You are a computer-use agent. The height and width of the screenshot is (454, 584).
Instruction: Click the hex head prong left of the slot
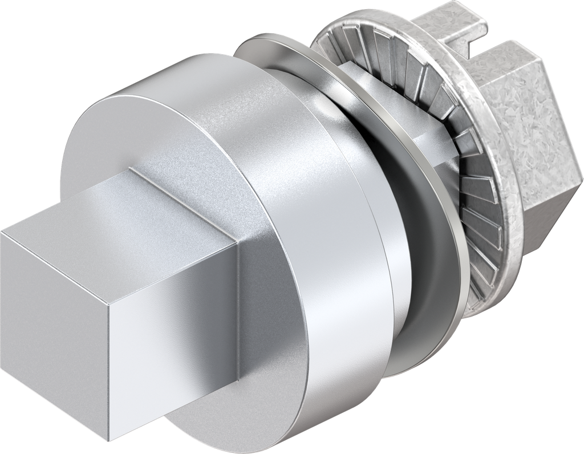[456, 29]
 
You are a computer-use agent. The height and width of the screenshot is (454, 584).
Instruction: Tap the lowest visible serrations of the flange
[485, 285]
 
